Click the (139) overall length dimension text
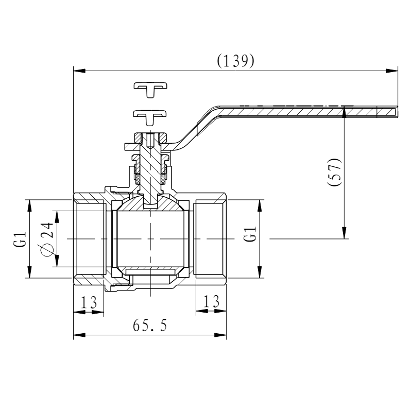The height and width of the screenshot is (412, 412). click(x=235, y=61)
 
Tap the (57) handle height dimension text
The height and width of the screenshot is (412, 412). click(x=334, y=172)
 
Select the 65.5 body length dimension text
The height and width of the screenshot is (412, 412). click(x=150, y=325)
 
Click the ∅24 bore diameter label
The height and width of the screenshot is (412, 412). click(x=47, y=239)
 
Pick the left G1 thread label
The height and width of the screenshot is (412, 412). click(x=20, y=239)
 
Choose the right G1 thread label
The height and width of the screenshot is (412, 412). click(x=250, y=234)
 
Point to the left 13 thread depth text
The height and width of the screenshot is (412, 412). click(x=89, y=302)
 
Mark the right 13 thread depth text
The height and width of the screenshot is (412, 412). click(x=211, y=301)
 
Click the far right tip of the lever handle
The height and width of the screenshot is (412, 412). click(x=398, y=111)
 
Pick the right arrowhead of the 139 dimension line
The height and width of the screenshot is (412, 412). click(x=391, y=71)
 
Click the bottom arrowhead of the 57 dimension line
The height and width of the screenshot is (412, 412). click(x=344, y=233)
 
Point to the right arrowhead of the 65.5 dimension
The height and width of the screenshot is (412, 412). click(x=220, y=335)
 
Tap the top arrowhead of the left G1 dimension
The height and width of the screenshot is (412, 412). click(x=29, y=205)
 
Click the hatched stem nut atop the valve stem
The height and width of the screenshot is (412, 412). click(x=150, y=138)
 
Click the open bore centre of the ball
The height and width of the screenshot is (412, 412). click(x=150, y=239)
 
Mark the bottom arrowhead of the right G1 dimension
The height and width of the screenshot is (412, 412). click(x=260, y=272)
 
